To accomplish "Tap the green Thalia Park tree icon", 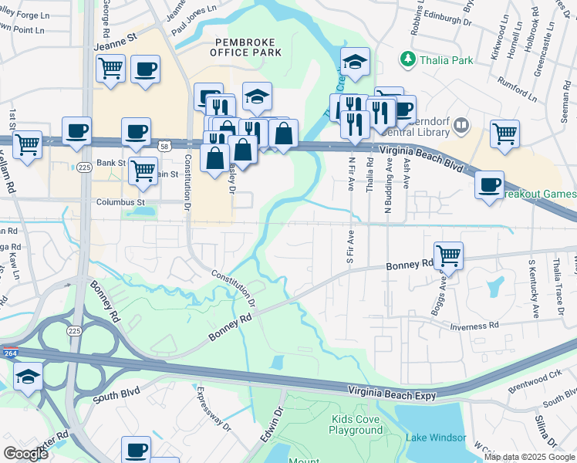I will [407, 59].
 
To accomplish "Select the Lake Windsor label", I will [436, 438].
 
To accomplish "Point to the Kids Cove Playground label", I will [356, 424].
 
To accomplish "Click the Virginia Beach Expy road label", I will [391, 394].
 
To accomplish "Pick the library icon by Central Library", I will [461, 124].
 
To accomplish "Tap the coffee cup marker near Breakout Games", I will [489, 185].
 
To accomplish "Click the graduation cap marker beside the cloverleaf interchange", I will [29, 377].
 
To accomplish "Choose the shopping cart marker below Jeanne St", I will [110, 68].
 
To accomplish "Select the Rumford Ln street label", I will [517, 87].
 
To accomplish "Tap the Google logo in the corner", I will [25, 454].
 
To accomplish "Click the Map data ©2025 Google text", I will [529, 457].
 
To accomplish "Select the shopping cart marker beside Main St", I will [143, 171].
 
